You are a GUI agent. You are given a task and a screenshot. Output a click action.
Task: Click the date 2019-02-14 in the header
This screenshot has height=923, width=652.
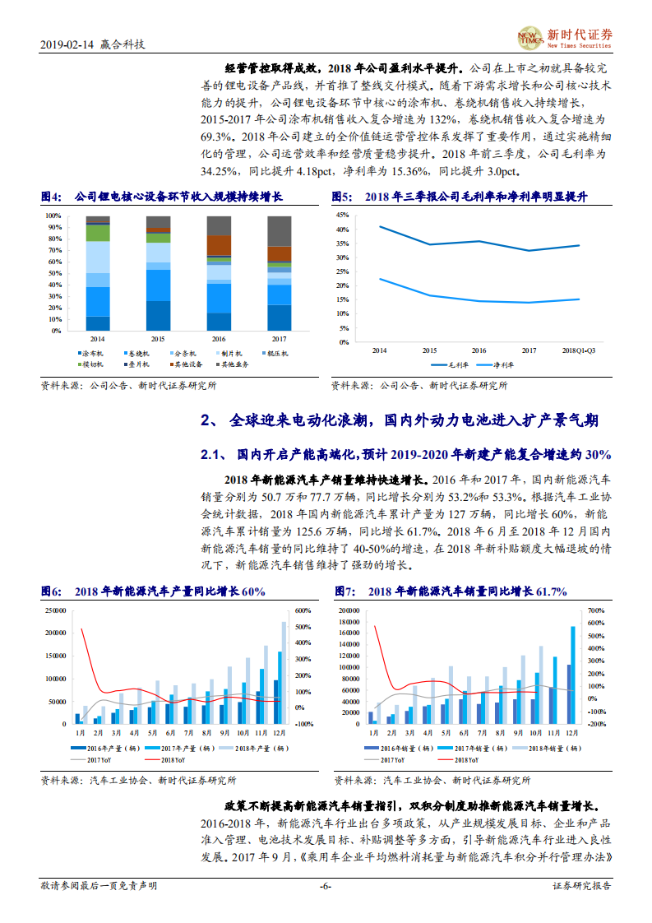coord(65,44)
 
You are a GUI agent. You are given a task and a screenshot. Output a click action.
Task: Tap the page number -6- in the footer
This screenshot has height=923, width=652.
coord(325,886)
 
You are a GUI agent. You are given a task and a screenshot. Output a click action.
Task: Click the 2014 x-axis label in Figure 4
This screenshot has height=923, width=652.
coord(97,339)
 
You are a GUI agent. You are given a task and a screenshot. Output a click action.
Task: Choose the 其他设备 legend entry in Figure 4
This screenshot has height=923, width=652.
coord(185,364)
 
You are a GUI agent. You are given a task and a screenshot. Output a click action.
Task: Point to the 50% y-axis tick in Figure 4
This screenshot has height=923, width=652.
coord(54,274)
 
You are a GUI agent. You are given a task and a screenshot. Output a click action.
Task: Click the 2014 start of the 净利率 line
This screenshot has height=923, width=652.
coord(379,278)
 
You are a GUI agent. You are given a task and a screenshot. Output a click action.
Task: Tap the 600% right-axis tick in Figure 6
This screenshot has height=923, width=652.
coord(303,610)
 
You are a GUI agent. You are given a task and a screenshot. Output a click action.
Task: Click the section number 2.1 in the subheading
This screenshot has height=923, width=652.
coord(212,455)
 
